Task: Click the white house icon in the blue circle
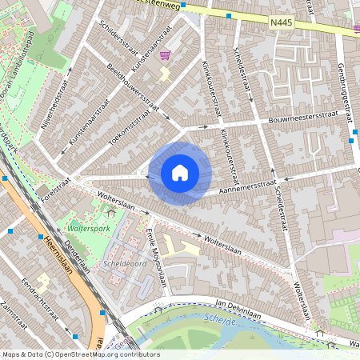[x=180, y=173]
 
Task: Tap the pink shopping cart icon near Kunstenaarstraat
[x=166, y=55]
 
